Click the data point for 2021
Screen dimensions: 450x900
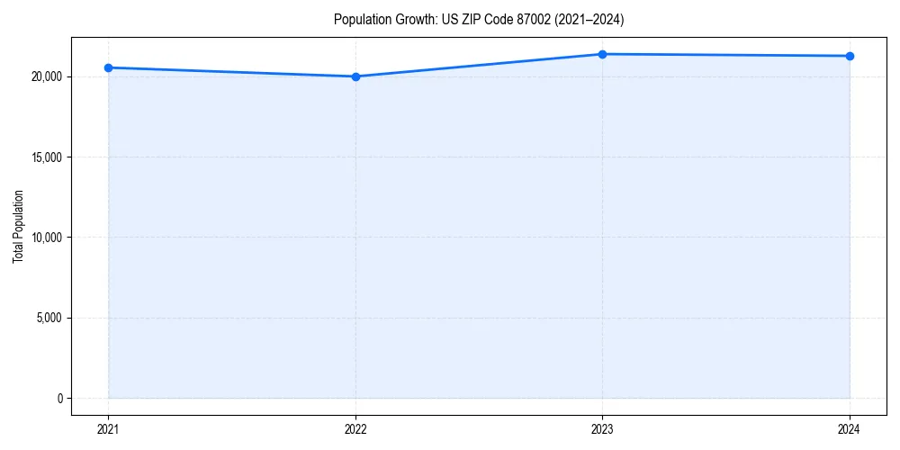click(108, 67)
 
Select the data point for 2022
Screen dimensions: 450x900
click(355, 76)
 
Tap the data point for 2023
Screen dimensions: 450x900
click(602, 54)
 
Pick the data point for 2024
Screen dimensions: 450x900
click(850, 56)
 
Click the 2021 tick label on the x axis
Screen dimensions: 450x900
click(108, 428)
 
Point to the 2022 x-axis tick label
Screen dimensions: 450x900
click(355, 428)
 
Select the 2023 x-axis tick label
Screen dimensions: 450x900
click(602, 428)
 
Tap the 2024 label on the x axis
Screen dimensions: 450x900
click(850, 428)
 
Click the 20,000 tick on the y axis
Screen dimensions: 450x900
click(45, 76)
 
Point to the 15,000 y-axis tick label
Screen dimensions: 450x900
click(45, 157)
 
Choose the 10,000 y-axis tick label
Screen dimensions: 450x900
click(45, 238)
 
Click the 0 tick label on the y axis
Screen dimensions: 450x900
click(59, 398)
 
